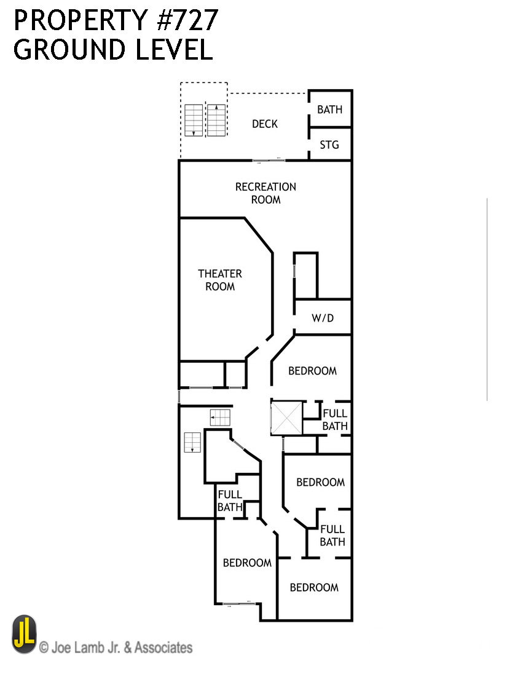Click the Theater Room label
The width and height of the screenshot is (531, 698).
point(220,280)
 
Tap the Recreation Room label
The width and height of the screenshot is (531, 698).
point(265,193)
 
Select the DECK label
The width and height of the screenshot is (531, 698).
point(265,124)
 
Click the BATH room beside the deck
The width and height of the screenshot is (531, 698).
point(330,109)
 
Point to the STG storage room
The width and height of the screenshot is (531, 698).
point(329,145)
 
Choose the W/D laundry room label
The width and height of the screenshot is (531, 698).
point(323,319)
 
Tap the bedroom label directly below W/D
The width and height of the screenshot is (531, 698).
point(313,371)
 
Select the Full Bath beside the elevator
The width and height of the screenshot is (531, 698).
point(335,419)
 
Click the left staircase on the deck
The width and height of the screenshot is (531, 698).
point(193,120)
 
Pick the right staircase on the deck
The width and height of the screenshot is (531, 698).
point(216,120)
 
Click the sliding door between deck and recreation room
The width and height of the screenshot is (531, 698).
point(270,161)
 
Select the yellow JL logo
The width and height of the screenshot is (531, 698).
point(24,634)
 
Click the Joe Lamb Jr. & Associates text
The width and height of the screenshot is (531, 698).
point(116,648)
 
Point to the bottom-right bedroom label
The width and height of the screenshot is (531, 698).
point(314,587)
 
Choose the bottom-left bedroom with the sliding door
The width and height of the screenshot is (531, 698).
point(247,563)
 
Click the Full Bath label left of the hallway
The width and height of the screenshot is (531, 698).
point(230,501)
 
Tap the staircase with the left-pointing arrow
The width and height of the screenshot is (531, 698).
point(220,418)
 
